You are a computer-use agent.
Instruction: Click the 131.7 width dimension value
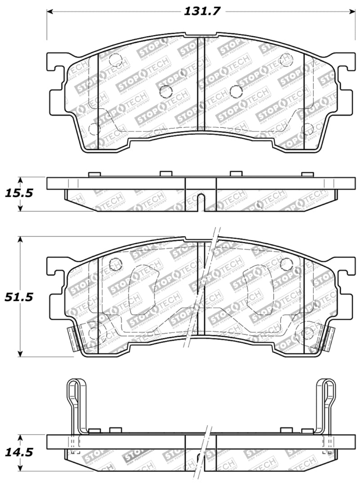[202, 11]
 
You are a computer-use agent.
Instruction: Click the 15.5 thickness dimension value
[19, 194]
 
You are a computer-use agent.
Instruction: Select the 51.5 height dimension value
[19, 297]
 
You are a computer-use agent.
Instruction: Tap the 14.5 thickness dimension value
[19, 452]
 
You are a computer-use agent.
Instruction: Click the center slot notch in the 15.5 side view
[201, 202]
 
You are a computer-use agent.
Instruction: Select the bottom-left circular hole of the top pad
[94, 129]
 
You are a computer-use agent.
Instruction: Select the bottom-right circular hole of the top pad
[308, 129]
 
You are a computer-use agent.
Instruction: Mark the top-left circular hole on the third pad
[116, 264]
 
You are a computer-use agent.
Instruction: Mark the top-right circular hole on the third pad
[286, 264]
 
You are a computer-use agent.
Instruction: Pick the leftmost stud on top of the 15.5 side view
[94, 174]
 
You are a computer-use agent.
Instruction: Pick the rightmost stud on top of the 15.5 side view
[307, 174]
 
